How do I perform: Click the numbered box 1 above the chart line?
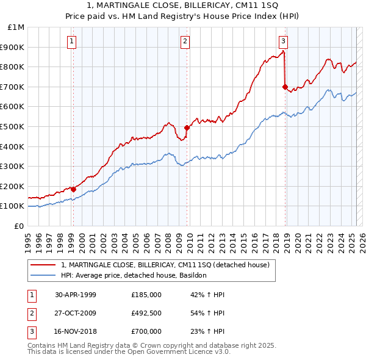point(72,41)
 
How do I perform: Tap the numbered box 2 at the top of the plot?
point(184,41)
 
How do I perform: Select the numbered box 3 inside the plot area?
point(284,41)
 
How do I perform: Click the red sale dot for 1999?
point(73,189)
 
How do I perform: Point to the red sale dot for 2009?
point(187,128)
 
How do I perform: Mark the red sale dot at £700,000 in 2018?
point(285,87)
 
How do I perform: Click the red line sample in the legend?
point(43,265)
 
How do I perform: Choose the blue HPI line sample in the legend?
point(43,275)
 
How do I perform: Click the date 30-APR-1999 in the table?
point(76,295)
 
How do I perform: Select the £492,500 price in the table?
point(146,313)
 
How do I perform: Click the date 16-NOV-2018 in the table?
point(76,331)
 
